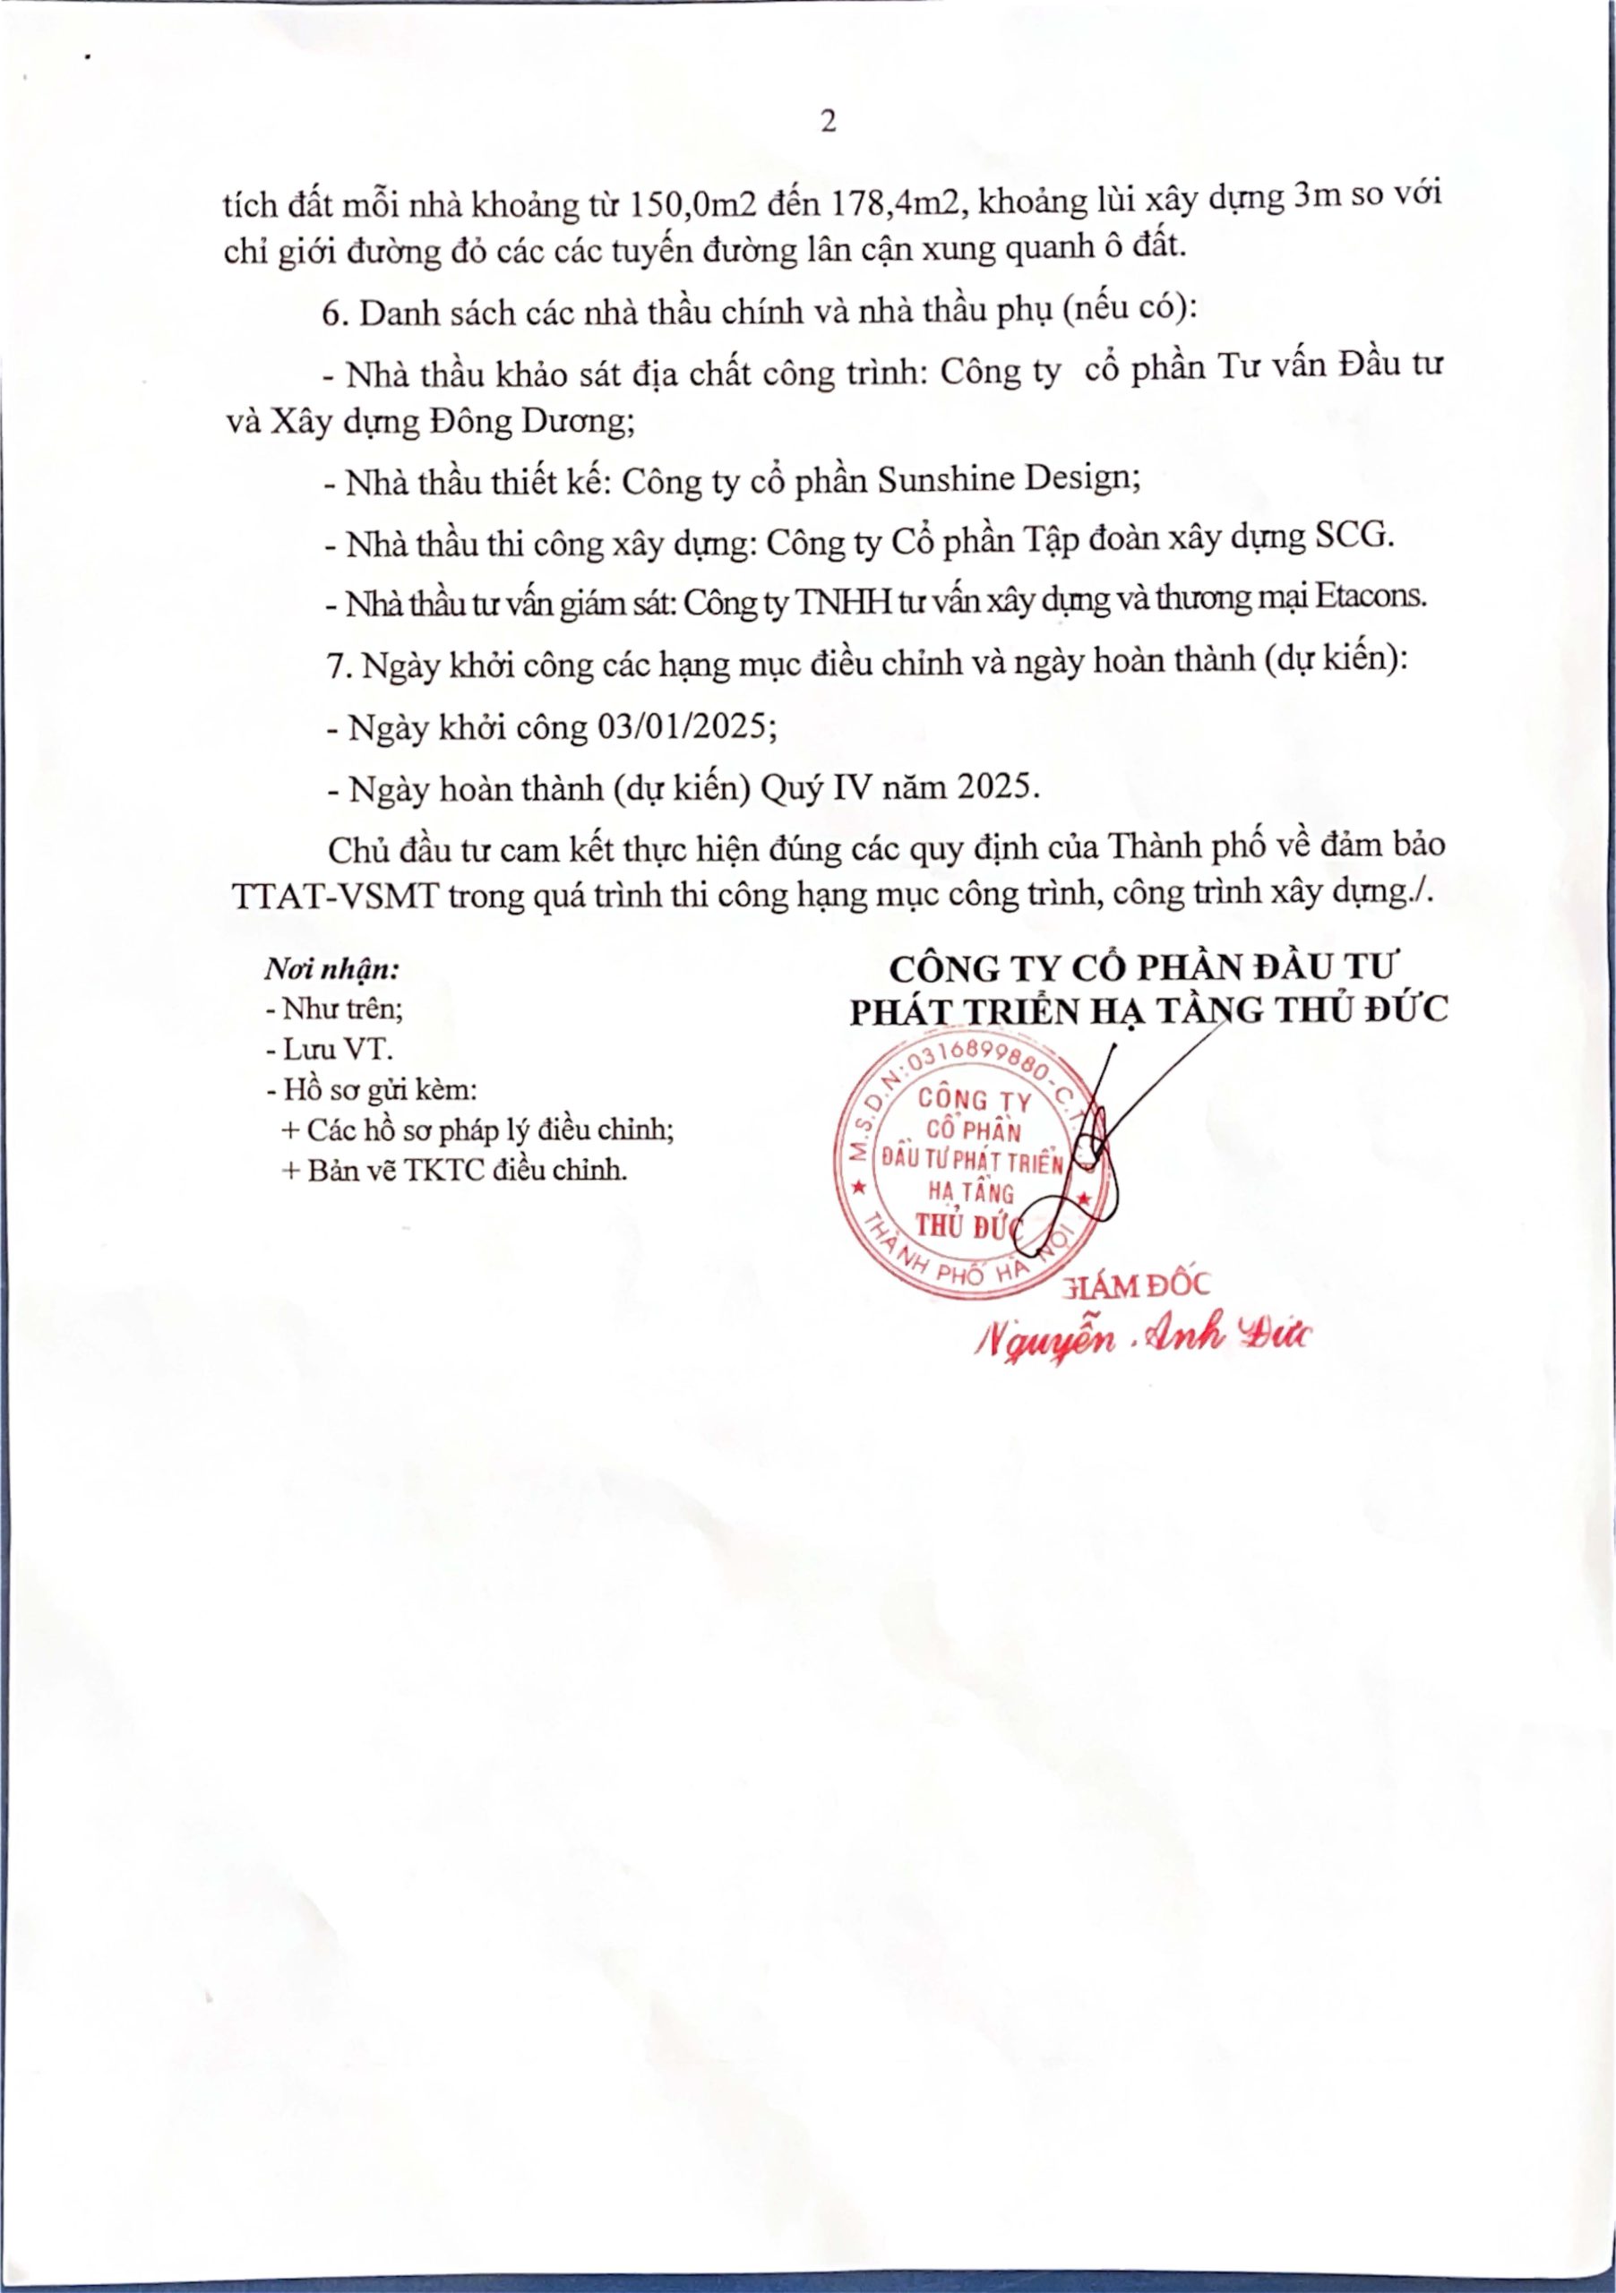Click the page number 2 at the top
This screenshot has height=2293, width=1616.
pyautogui.click(x=827, y=123)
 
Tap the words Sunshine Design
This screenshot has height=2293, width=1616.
pyautogui.click(x=1009, y=481)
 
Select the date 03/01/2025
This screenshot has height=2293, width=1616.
pyautogui.click(x=686, y=726)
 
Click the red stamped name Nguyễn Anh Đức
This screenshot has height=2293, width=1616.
pyautogui.click(x=1144, y=1336)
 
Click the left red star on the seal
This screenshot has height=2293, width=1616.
pyautogui.click(x=857, y=1189)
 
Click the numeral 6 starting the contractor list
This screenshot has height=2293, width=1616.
pyautogui.click(x=331, y=313)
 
